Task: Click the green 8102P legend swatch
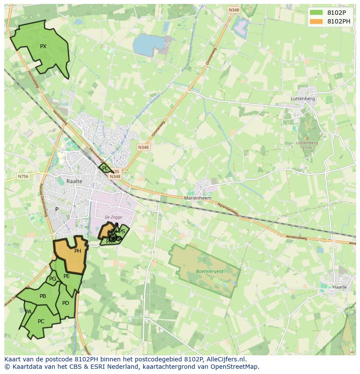[317, 13]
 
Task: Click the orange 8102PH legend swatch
[317, 21]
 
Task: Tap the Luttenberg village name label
[303, 99]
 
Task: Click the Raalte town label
[74, 181]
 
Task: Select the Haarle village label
[340, 287]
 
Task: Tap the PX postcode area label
[43, 46]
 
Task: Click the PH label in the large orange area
[78, 251]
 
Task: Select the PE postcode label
[67, 276]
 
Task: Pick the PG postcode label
[53, 279]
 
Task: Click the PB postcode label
[43, 296]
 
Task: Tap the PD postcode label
[66, 303]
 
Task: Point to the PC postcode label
[41, 321]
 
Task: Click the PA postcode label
[28, 312]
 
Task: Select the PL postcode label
[105, 168]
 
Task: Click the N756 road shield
[23, 176]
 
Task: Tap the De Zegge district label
[113, 217]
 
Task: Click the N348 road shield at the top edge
[233, 9]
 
